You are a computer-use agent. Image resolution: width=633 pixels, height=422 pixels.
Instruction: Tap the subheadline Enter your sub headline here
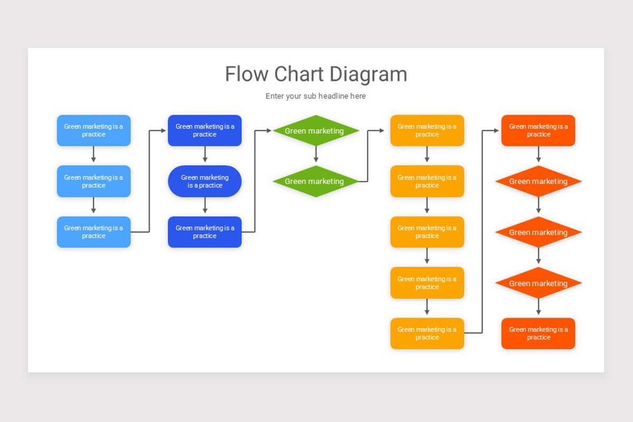point(315,96)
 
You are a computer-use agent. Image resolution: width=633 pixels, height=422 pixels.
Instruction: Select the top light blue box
point(93,130)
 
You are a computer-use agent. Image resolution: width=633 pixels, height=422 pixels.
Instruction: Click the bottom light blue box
point(93,232)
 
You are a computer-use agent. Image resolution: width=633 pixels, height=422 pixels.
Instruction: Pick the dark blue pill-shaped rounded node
point(205,181)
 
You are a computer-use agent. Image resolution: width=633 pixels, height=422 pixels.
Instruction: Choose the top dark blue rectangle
point(205,130)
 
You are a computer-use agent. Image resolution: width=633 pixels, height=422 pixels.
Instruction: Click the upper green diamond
point(315,130)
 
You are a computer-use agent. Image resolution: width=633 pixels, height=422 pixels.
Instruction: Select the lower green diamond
point(315,181)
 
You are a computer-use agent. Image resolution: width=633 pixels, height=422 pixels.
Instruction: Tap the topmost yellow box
point(427,130)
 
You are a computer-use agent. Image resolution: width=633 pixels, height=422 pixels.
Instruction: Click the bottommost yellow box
point(427,333)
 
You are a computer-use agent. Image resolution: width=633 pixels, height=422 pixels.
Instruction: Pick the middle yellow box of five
point(427,232)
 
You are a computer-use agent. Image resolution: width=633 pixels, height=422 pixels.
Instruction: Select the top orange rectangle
point(538,130)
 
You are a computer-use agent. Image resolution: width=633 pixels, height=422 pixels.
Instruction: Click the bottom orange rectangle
point(538,333)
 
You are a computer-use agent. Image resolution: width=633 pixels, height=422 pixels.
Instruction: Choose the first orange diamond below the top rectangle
point(538,181)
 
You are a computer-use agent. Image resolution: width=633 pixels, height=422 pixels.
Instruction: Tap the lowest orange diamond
point(538,283)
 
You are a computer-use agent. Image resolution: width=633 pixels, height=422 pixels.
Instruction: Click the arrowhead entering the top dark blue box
point(165,130)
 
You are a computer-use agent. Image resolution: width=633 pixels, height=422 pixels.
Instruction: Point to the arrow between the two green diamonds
point(315,156)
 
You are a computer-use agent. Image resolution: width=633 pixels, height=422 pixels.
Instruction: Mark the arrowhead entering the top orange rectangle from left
point(498,130)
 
